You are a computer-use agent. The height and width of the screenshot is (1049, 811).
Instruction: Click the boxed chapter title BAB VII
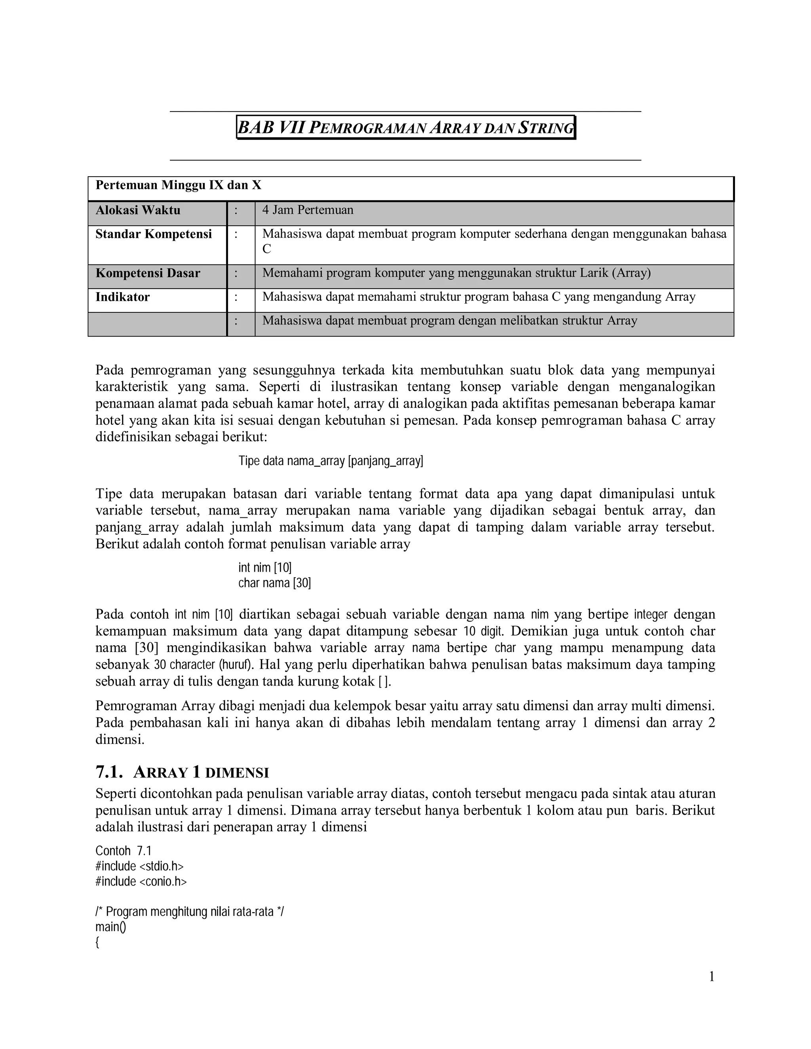click(406, 128)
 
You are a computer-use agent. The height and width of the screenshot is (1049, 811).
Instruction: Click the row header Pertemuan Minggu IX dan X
click(178, 185)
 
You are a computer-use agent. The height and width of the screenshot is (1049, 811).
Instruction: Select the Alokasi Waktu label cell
click(138, 210)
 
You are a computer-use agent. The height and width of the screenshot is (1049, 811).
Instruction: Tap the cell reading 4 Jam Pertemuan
click(307, 210)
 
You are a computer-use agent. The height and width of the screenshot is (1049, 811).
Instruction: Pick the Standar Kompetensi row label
click(153, 234)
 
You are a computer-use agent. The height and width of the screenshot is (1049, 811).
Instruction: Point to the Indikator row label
click(122, 297)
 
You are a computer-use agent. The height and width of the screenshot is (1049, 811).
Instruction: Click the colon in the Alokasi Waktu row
click(236, 210)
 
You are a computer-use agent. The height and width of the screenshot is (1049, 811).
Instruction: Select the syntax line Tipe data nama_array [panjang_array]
click(331, 461)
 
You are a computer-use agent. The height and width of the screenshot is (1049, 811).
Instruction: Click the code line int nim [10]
click(265, 568)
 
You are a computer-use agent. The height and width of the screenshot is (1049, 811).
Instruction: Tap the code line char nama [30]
click(274, 583)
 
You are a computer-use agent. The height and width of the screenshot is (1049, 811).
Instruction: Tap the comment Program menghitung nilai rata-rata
click(189, 912)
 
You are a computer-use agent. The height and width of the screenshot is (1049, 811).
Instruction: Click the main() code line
click(110, 927)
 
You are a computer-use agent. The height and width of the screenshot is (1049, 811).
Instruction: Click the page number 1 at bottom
click(712, 977)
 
